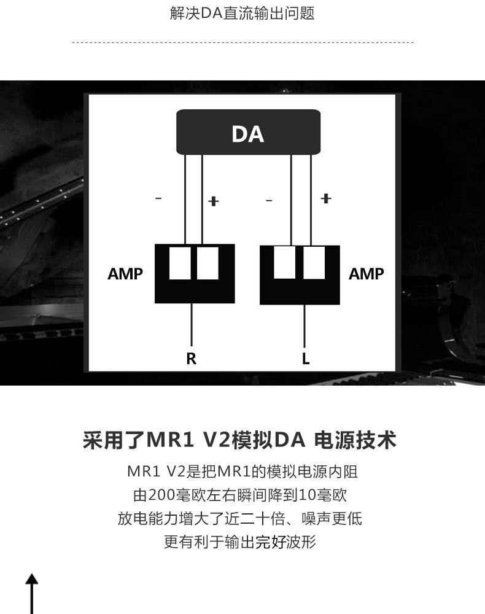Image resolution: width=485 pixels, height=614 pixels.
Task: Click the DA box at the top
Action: tap(248, 132)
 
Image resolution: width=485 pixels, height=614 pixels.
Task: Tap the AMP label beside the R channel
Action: tap(125, 274)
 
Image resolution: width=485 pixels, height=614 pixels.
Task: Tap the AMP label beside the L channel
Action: tap(366, 274)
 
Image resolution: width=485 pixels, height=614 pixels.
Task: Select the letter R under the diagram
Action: tap(192, 359)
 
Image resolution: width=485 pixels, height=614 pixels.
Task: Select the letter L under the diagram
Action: tap(306, 359)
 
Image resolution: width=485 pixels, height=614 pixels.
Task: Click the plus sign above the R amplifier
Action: tap(214, 201)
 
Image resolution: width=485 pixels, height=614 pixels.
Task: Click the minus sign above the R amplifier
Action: tap(158, 198)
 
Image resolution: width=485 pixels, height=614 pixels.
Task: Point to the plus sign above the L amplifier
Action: tap(325, 198)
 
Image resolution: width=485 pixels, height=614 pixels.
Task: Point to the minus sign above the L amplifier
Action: tap(269, 201)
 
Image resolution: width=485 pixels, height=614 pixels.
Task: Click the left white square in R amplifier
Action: tap(180, 263)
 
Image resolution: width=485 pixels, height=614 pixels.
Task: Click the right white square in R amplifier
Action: tap(208, 263)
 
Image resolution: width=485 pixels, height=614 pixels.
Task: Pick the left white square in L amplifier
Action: tap(284, 262)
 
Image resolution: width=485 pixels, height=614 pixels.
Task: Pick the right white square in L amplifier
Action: tap(314, 262)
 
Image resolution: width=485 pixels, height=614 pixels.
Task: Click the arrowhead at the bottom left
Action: tap(32, 580)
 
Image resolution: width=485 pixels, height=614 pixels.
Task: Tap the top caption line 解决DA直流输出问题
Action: tap(243, 14)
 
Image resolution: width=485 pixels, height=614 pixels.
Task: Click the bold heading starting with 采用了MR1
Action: tap(239, 440)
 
